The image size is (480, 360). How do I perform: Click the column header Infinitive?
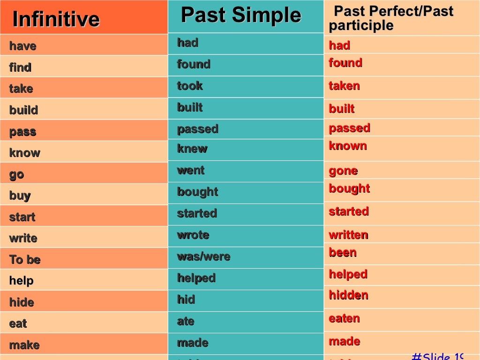56,19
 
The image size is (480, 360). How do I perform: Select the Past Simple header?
240,15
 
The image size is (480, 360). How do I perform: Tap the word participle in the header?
361,26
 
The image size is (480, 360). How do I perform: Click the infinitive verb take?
21,89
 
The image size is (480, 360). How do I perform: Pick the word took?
190,86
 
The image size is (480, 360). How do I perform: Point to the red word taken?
344,86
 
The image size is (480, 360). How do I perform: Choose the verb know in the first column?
24,153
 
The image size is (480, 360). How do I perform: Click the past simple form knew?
192,149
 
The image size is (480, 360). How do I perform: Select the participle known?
348,146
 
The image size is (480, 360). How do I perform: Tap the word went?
191,170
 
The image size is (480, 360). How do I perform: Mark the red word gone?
343,171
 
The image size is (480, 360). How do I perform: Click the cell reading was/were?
203,256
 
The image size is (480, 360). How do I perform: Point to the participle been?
343,253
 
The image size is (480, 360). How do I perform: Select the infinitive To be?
25,260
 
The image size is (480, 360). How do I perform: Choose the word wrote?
193,235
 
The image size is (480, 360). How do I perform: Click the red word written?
348,235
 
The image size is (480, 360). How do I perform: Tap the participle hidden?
348,295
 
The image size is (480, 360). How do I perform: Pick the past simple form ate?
186,321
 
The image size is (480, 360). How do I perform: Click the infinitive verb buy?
20,195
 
